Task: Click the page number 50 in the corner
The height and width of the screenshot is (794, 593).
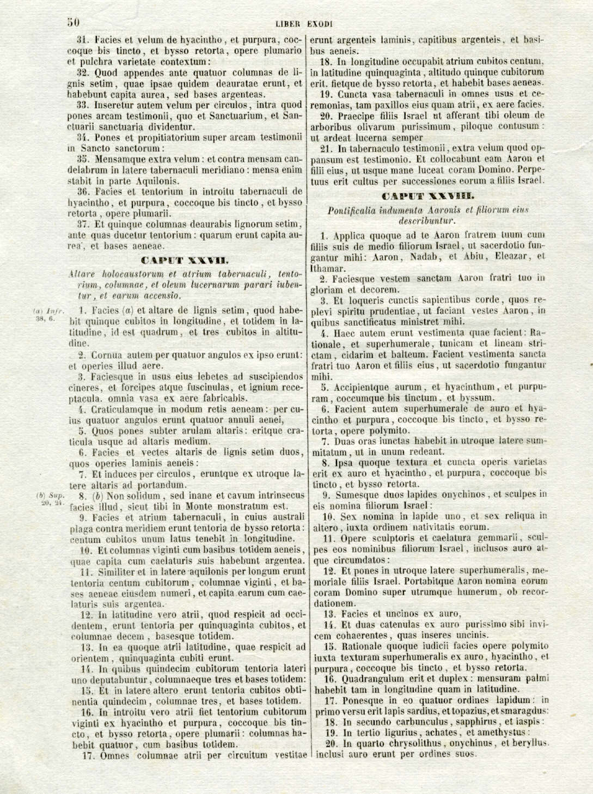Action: tap(74, 22)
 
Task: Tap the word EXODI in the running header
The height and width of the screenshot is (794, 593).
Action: tap(320, 24)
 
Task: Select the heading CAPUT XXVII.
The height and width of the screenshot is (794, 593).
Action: tap(185, 260)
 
